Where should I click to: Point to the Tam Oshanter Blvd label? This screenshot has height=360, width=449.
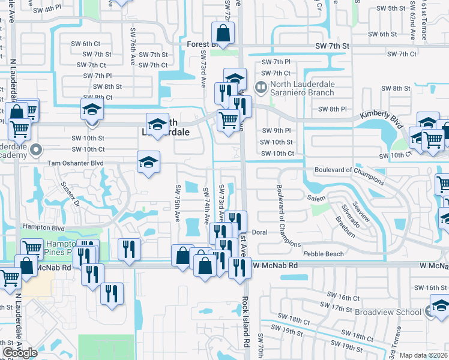pyautogui.click(x=76, y=162)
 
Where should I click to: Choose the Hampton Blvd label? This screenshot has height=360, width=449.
pyautogui.click(x=43, y=227)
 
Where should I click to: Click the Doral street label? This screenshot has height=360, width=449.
pyautogui.click(x=259, y=232)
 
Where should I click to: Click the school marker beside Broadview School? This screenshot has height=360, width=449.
pyautogui.click(x=438, y=308)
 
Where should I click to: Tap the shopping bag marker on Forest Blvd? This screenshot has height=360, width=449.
pyautogui.click(x=222, y=35)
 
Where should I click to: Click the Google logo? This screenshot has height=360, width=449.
pyautogui.click(x=20, y=353)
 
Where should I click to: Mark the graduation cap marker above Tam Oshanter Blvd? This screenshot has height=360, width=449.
pyautogui.click(x=149, y=162)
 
